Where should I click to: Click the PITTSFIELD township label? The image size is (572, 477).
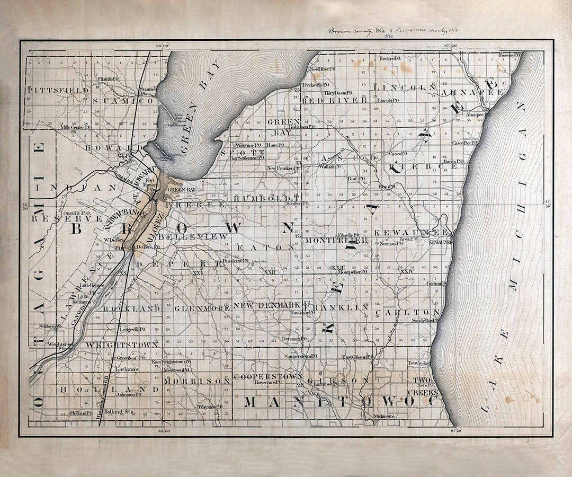[58, 90]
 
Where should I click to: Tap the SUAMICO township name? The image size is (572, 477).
[123, 100]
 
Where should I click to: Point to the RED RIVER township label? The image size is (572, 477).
[334, 100]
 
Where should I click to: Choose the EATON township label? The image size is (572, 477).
[265, 247]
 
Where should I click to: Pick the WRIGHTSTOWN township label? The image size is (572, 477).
[122, 345]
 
